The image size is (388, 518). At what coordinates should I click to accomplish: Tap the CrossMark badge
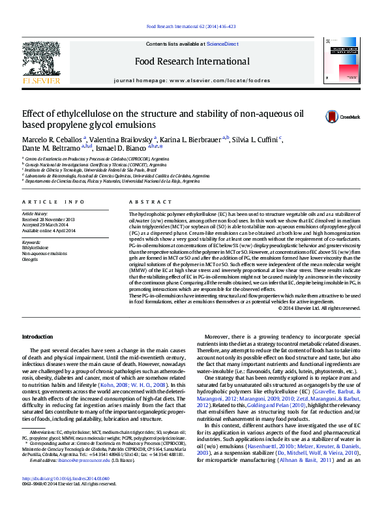339,117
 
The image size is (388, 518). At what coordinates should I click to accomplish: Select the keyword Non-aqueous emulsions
44,254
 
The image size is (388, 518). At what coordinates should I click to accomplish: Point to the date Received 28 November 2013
48,220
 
